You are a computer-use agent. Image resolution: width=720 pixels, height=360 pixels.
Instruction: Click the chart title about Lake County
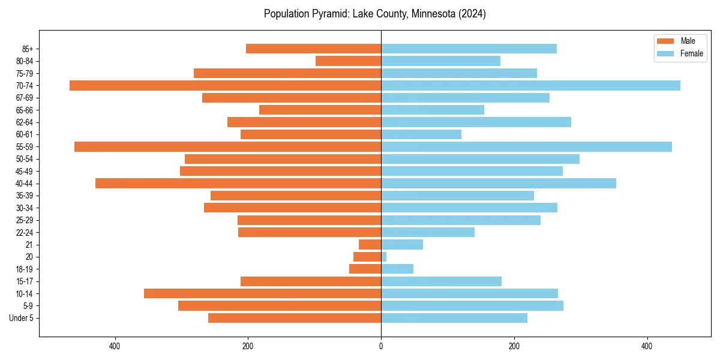pos(374,14)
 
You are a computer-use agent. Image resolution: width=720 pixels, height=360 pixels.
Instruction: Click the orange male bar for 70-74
pos(225,85)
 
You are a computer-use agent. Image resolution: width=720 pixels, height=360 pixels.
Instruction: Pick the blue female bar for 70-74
pos(530,85)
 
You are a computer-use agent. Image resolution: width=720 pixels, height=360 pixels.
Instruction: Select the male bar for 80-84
pos(348,61)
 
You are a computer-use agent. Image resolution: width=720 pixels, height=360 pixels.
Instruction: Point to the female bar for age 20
pos(384,256)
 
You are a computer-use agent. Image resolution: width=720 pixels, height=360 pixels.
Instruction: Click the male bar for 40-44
pos(238,183)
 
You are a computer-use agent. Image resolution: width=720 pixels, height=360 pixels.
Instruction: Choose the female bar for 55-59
pos(526,146)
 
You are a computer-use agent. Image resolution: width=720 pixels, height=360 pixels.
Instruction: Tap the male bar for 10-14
pos(262,293)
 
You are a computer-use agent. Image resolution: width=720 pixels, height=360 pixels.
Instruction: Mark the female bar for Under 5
pos(454,317)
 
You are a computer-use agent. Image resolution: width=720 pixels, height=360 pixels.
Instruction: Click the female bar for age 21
pos(402,244)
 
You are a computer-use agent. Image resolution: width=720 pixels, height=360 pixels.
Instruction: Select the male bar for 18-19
pos(365,269)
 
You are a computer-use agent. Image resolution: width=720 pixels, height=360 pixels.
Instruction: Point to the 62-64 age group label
pos(24,122)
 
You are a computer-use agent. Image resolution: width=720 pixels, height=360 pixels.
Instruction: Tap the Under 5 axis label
pos(21,317)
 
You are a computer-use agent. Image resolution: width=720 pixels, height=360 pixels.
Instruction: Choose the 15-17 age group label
pos(24,281)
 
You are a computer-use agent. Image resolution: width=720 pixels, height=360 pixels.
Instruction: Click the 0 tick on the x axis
pos(381,346)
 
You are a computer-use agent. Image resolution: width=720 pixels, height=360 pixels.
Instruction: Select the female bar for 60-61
pos(421,134)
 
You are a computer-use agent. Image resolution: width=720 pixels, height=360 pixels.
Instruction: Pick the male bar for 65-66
pos(320,110)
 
